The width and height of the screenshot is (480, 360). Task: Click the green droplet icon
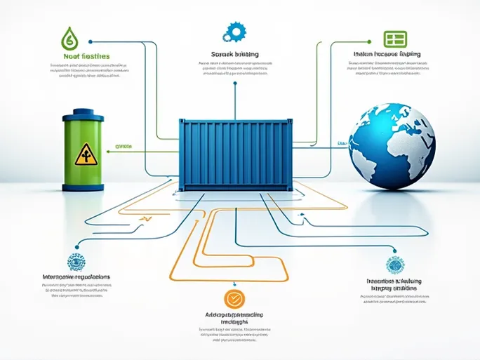[69, 37]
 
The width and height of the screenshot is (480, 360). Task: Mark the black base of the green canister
[85, 187]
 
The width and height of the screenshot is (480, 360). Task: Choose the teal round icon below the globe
[394, 265]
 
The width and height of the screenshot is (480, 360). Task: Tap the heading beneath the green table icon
[387, 53]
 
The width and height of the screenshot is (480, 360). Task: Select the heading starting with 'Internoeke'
[76, 277]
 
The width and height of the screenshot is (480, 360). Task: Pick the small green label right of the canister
[124, 149]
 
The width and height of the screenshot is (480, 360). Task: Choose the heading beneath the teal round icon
[392, 284]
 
